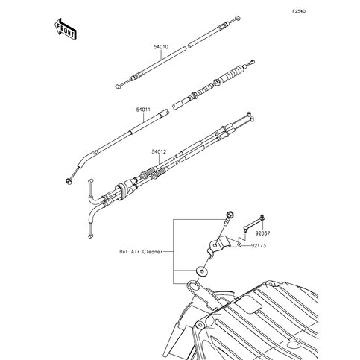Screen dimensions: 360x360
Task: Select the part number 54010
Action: [x=161, y=46]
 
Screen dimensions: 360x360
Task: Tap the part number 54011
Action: [x=144, y=110]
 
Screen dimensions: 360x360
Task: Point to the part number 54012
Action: [x=158, y=152]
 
